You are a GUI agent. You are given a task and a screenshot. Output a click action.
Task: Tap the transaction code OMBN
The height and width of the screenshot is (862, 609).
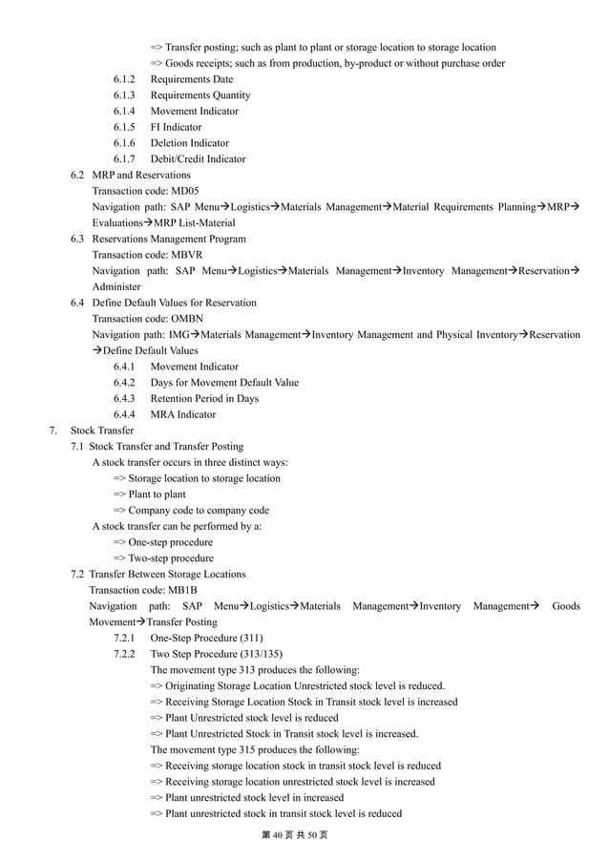click(189, 319)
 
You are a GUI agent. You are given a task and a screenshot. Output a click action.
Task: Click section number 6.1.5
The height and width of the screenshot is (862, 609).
click(124, 127)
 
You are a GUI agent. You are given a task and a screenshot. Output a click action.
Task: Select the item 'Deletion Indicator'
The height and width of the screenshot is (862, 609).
click(189, 143)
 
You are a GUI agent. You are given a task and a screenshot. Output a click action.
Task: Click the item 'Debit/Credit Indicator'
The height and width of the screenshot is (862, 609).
click(198, 159)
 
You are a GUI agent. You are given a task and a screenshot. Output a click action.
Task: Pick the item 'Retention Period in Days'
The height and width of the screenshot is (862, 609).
click(204, 399)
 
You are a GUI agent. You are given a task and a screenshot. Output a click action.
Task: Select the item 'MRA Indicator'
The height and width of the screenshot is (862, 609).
click(183, 415)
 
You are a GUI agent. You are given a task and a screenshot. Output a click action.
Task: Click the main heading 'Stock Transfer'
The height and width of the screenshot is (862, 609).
click(102, 431)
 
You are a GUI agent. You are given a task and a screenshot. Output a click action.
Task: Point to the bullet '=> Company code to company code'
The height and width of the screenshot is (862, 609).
click(191, 511)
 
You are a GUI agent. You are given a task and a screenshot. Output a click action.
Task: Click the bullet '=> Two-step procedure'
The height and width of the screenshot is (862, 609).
click(163, 558)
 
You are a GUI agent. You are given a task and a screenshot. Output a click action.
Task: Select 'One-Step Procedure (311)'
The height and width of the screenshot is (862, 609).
click(207, 638)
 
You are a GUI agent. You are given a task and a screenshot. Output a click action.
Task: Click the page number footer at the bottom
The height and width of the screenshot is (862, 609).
click(294, 835)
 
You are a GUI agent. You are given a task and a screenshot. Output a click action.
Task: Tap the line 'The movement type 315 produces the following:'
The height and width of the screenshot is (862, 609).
click(255, 750)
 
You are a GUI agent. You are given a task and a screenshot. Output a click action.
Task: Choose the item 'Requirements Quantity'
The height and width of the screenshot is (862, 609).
click(200, 95)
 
